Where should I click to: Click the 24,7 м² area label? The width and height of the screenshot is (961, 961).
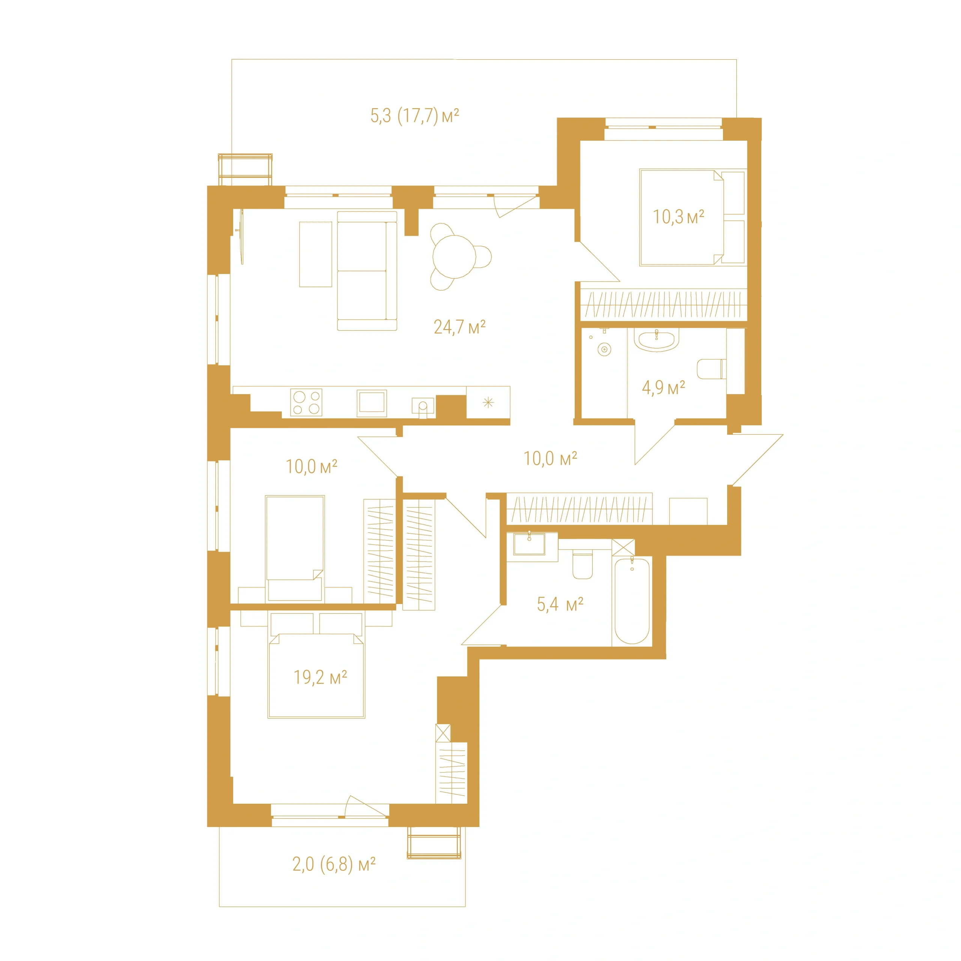pyautogui.click(x=459, y=327)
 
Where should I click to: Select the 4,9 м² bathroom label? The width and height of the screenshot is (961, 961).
pyautogui.click(x=663, y=387)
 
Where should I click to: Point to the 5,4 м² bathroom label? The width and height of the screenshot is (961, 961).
pyautogui.click(x=560, y=604)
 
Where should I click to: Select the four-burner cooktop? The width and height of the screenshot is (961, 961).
pyautogui.click(x=306, y=402)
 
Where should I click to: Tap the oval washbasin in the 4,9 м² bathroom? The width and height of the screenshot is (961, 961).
pyautogui.click(x=657, y=340)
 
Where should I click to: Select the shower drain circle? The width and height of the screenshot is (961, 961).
pyautogui.click(x=604, y=350)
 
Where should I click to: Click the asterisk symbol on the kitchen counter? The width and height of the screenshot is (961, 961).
pyautogui.click(x=488, y=402)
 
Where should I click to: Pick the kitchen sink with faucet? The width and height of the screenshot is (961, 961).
pyautogui.click(x=423, y=407)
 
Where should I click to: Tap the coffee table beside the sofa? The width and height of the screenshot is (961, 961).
pyautogui.click(x=315, y=254)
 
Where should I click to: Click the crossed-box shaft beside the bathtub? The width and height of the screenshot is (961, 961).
pyautogui.click(x=623, y=547)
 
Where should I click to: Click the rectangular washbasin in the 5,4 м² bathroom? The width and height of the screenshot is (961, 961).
pyautogui.click(x=529, y=543)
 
